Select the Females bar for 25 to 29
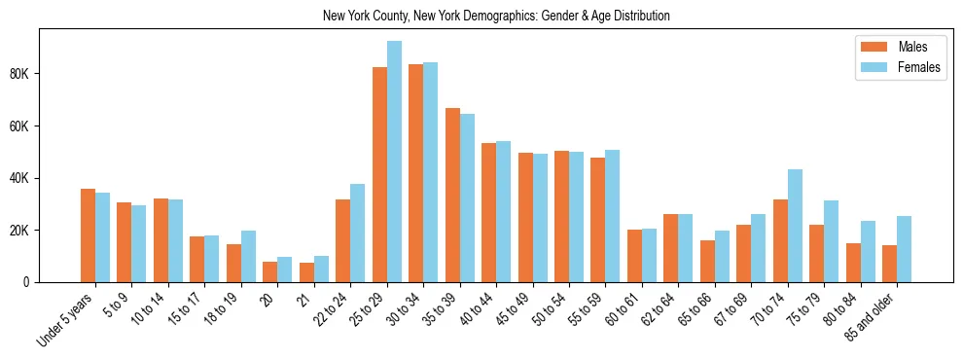coord(394,162)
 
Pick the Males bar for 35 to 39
coord(452,195)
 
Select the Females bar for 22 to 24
coord(358,234)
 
